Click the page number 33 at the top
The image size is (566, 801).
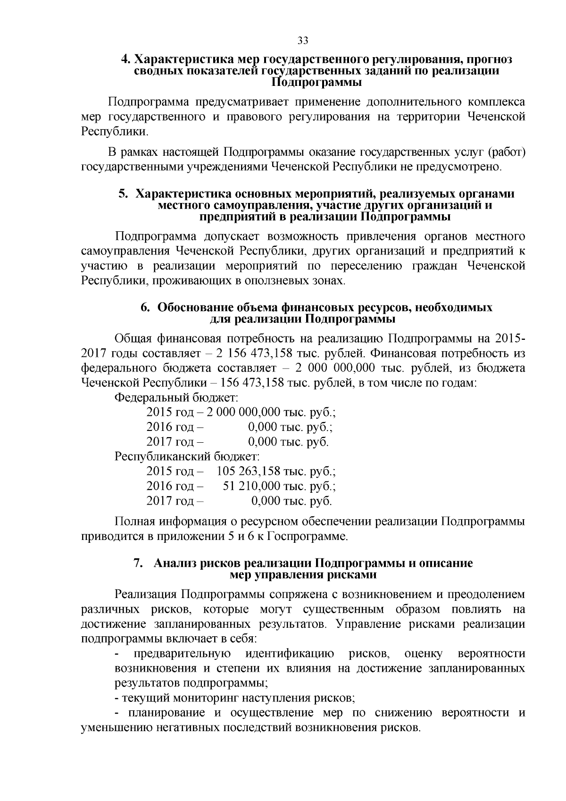(x=303, y=41)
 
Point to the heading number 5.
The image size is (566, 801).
(x=123, y=194)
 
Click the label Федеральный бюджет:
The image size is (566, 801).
(x=176, y=397)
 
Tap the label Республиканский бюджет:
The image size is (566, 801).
(x=187, y=456)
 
